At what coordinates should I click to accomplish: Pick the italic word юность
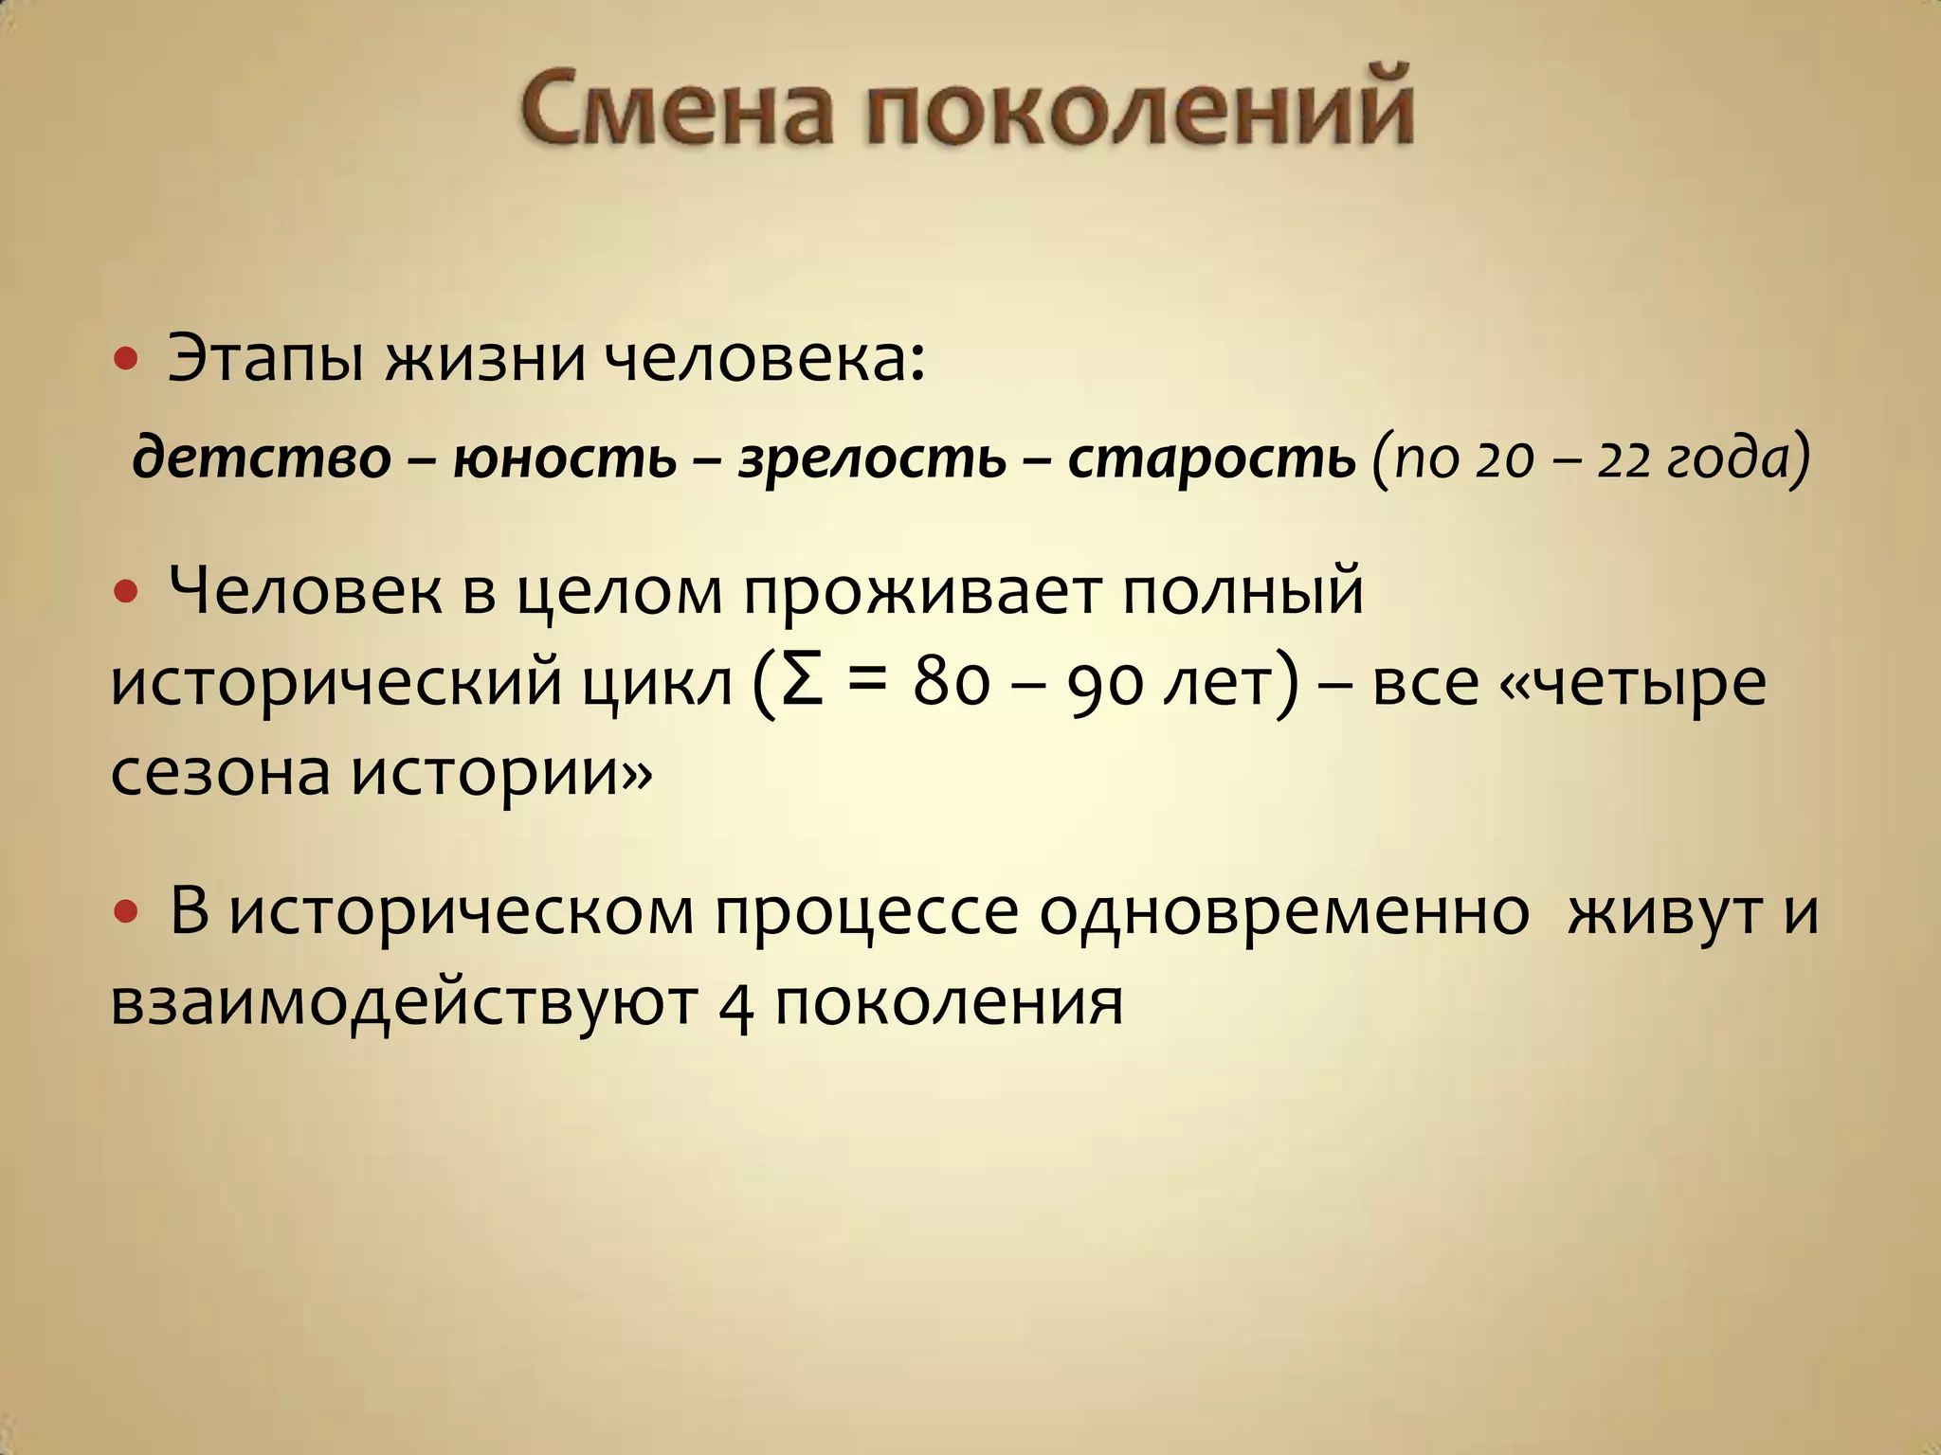coord(565,458)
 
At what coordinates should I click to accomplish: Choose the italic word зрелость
coord(871,458)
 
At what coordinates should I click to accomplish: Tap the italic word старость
coord(1211,458)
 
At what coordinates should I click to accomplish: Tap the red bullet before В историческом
coord(125,912)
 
